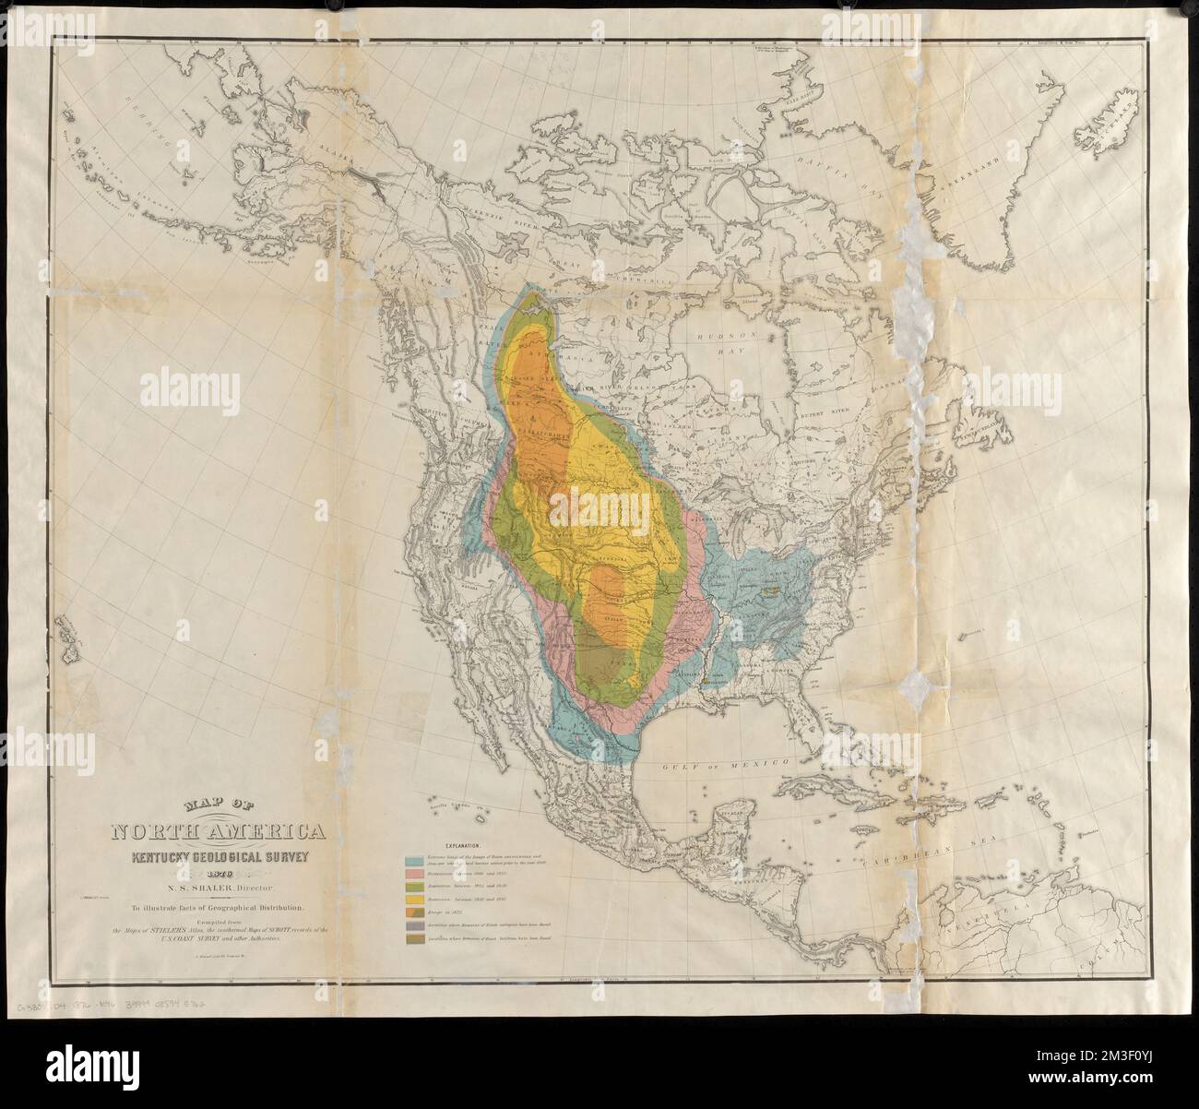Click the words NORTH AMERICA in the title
pos(218,833)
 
